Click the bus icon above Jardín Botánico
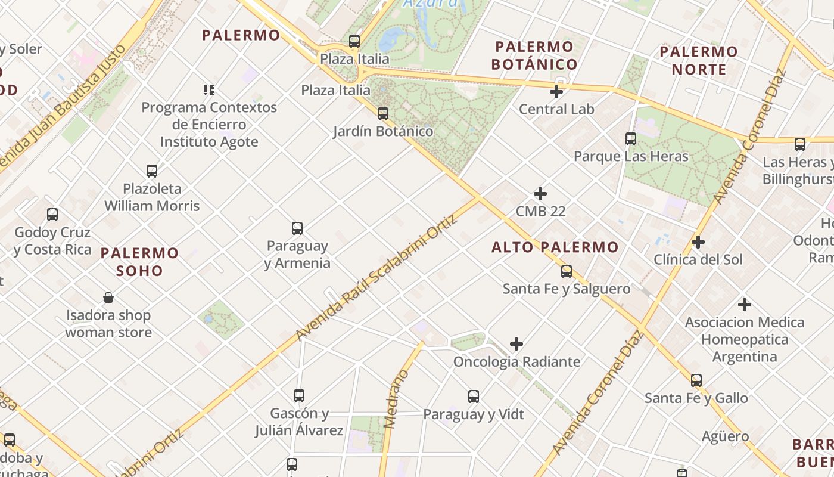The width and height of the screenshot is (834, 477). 383,113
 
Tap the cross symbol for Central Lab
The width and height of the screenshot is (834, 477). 556,92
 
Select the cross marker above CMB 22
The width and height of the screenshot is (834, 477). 540,194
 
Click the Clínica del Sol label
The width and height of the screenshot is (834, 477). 698,259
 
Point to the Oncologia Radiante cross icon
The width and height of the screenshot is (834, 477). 516,344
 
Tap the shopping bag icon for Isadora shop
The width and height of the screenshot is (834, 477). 108,298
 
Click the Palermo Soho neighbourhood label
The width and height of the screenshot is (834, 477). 139,262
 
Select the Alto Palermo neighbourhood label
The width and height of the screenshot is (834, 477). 555,247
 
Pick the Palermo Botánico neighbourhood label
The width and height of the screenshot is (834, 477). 534,55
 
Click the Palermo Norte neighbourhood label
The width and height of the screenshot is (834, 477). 699,60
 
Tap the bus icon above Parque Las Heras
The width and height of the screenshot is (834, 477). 631,139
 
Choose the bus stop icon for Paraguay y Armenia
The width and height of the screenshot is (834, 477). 297,228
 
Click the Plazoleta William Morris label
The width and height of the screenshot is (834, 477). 152,197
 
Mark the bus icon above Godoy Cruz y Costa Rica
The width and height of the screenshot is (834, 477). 52,215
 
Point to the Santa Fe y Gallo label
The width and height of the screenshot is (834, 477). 696,398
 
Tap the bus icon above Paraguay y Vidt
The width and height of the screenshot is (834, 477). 474,397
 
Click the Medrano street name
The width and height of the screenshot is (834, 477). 396,399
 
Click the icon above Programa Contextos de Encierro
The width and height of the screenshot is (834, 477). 208,90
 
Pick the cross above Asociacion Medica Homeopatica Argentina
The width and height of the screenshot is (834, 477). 744,305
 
